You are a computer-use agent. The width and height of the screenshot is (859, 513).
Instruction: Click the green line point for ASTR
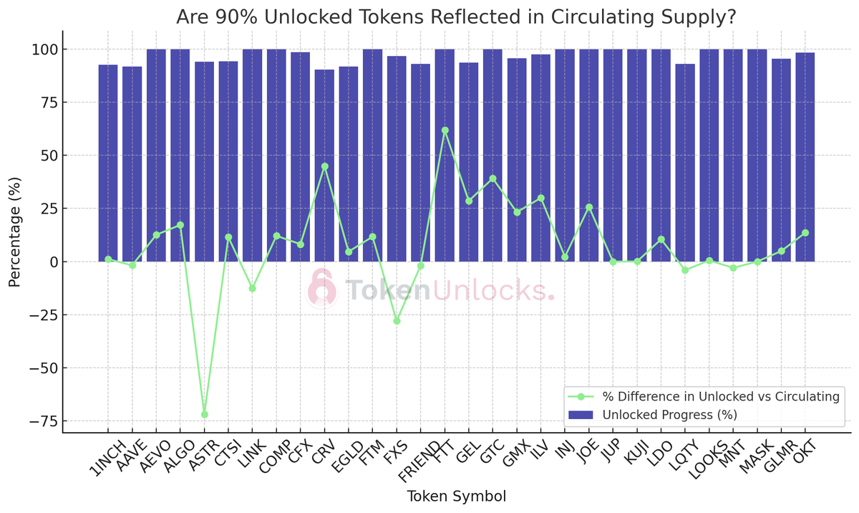click(x=205, y=414)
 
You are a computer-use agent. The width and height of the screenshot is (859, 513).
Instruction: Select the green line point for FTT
click(x=445, y=130)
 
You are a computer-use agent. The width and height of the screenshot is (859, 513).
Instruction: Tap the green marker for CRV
click(x=325, y=166)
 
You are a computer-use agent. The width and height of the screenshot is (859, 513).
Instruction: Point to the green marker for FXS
click(x=397, y=321)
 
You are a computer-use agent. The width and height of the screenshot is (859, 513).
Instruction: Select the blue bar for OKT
click(x=805, y=157)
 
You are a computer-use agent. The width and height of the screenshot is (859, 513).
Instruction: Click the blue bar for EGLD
click(x=349, y=164)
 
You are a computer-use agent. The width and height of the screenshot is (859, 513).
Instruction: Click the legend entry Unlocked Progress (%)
click(x=669, y=415)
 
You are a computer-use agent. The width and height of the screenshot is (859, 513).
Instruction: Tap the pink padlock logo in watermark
click(x=322, y=289)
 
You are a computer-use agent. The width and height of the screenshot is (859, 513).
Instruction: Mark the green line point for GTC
click(x=492, y=178)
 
